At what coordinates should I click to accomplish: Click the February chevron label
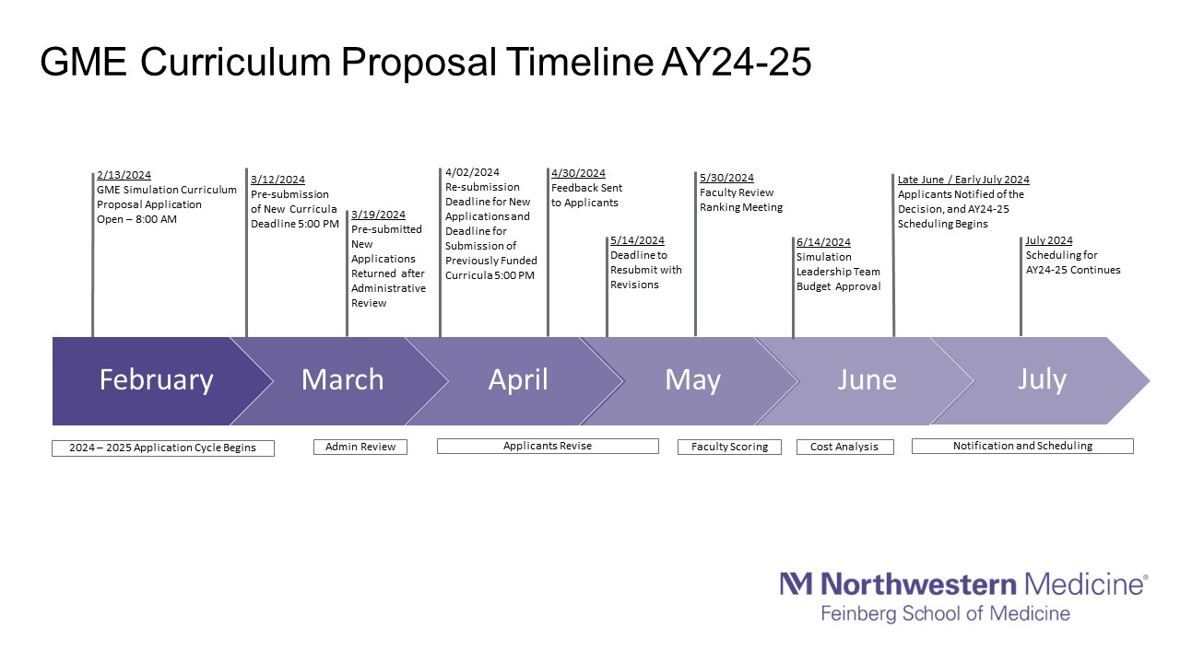click(156, 380)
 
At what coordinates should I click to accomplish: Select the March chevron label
click(342, 379)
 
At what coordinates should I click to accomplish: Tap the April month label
click(518, 380)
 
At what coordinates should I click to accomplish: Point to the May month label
click(692, 380)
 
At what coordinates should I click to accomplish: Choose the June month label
click(867, 379)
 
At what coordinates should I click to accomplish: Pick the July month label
click(1042, 379)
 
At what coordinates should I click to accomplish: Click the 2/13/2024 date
click(124, 175)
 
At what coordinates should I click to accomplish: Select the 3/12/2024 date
click(277, 180)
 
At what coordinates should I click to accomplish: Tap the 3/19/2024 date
click(378, 215)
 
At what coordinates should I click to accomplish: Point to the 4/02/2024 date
click(472, 172)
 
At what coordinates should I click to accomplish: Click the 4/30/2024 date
click(578, 173)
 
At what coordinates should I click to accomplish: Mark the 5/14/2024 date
click(637, 240)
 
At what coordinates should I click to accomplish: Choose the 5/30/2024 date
click(727, 178)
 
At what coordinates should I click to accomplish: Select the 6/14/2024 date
click(823, 242)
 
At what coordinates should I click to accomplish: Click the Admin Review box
click(360, 447)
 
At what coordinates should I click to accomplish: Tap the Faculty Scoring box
click(729, 447)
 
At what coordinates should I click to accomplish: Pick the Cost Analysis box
click(845, 447)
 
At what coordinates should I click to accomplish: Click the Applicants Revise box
click(548, 446)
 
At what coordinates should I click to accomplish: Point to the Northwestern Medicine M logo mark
click(796, 584)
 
